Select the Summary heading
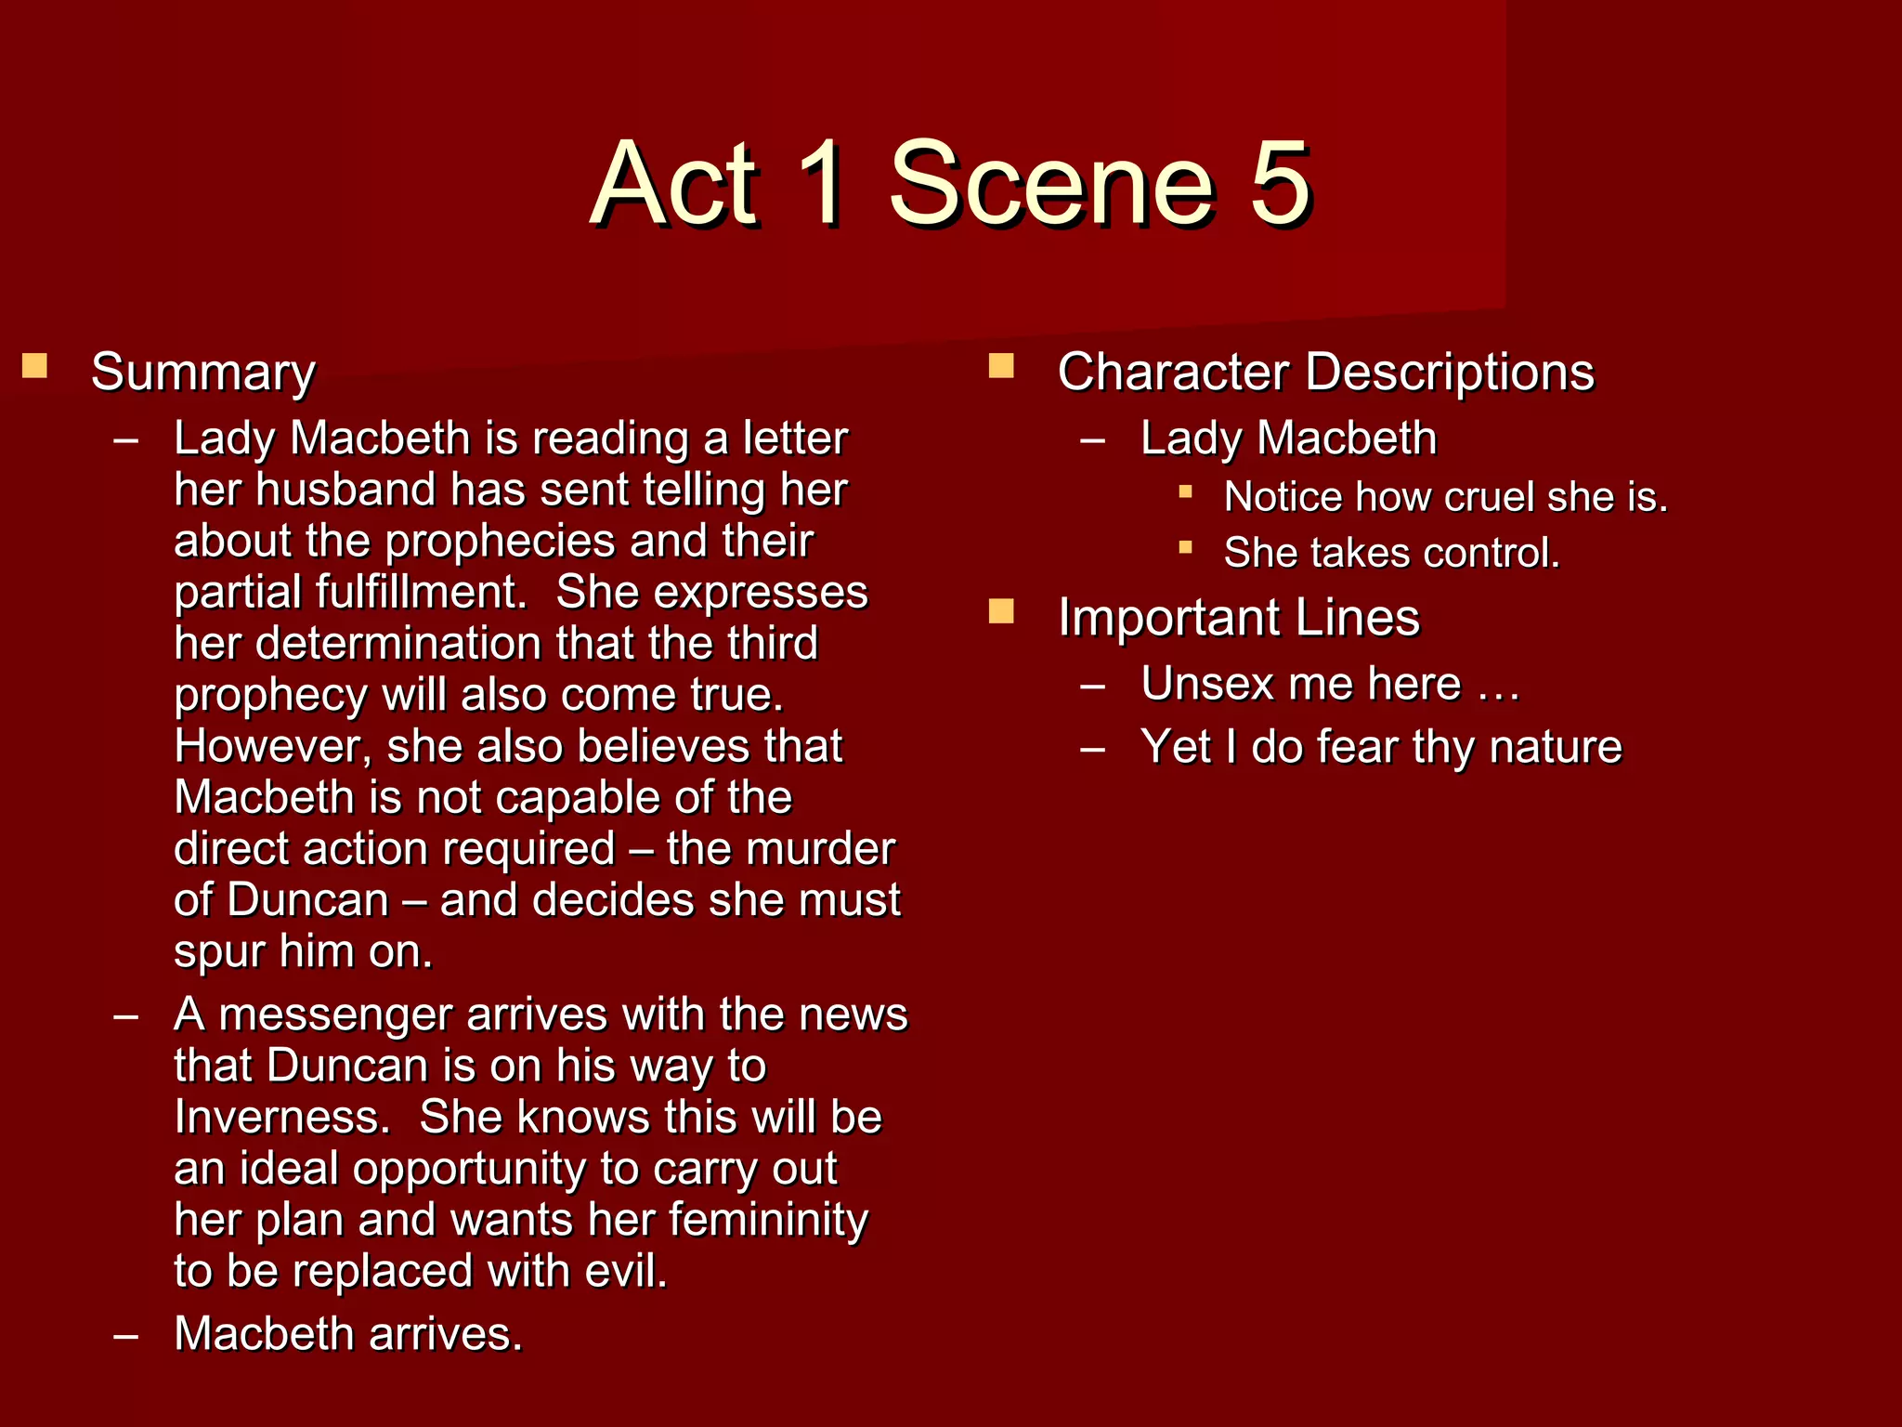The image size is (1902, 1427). [x=203, y=373]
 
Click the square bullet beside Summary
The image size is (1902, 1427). [x=34, y=365]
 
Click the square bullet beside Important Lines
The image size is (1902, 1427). [x=1001, y=611]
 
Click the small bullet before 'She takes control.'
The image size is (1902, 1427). [x=1185, y=547]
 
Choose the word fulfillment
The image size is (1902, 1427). [x=350, y=592]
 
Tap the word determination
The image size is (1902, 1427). [x=404, y=643]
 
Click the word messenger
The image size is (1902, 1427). [x=335, y=1015]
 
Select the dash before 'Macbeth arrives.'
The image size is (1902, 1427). [x=125, y=1336]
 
